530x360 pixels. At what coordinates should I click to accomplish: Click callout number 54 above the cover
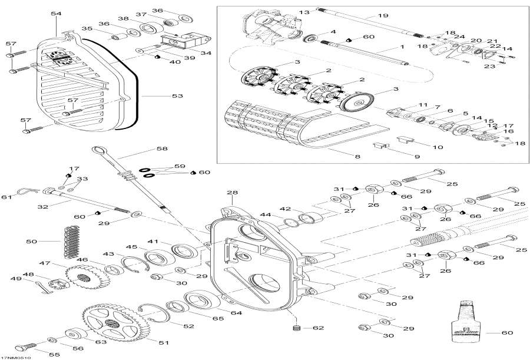[x=56, y=13]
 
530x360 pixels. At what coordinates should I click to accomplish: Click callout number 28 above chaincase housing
[x=232, y=193]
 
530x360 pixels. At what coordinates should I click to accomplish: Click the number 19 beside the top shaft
[x=383, y=15]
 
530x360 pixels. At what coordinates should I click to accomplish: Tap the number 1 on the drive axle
[x=402, y=47]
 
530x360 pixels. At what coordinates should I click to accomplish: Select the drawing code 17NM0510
[x=16, y=357]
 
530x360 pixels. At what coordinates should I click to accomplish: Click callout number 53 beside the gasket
[x=177, y=95]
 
